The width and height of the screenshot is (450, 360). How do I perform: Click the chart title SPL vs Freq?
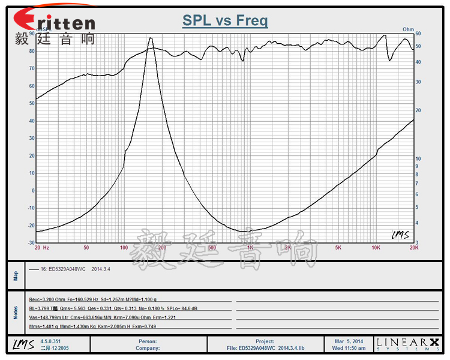coord(225,21)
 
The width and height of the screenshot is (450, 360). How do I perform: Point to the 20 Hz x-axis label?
coord(41,248)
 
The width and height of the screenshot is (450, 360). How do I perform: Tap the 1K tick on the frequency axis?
coord(250,248)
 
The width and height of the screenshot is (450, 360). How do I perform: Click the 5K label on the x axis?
coord(338,248)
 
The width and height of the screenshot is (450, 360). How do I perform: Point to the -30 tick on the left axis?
coord(30,243)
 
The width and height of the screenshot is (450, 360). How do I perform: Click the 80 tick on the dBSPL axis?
coord(31,51)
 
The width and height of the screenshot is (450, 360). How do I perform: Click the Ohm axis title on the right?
coord(408,29)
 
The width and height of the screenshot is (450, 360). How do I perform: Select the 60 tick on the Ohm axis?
coord(418,34)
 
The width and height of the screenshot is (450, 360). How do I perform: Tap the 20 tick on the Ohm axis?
coord(418,110)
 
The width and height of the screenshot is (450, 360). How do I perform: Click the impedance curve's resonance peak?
coord(150,38)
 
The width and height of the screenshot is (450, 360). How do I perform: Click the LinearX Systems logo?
coord(407,344)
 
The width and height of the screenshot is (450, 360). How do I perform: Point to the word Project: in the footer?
coord(263,341)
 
